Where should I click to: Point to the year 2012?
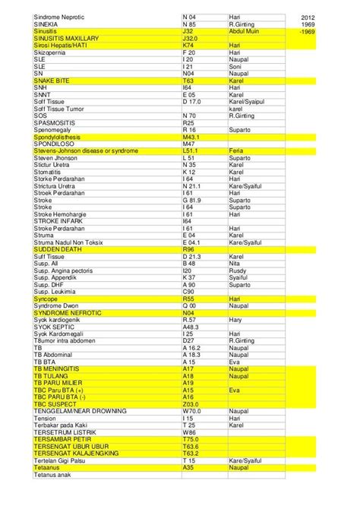[309, 16]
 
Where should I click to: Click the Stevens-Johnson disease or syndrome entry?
[86, 151]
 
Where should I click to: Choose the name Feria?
[238, 151]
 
